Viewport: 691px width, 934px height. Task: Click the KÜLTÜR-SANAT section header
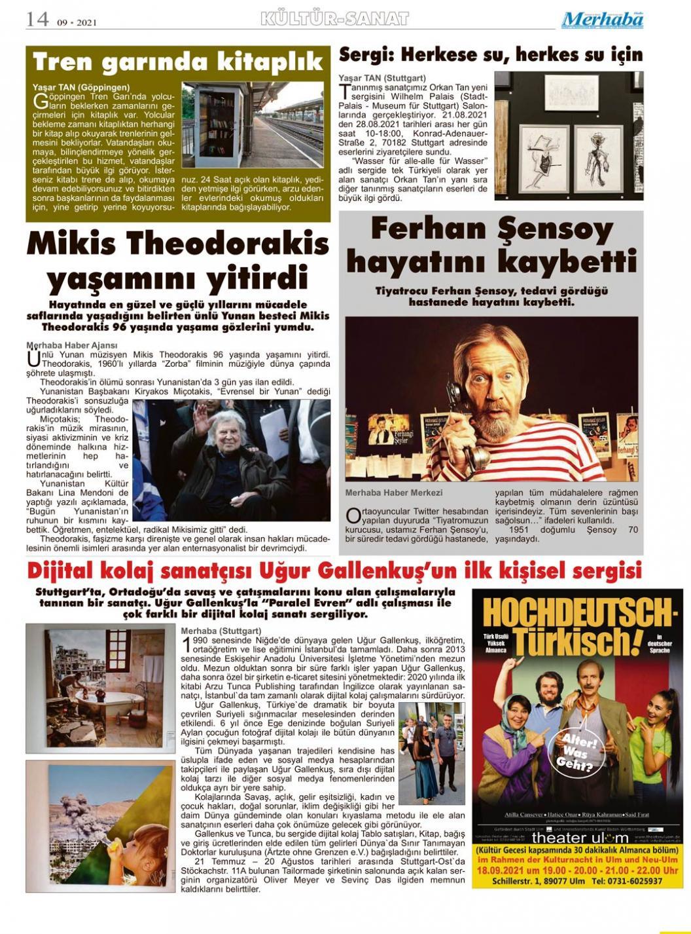click(x=334, y=18)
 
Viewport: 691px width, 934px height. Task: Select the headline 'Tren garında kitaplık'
click(x=178, y=62)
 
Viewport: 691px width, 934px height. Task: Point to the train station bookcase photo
click(x=252, y=125)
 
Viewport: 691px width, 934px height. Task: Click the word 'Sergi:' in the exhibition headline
click(x=366, y=54)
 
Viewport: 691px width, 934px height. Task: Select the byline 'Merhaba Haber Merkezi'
click(x=394, y=493)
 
